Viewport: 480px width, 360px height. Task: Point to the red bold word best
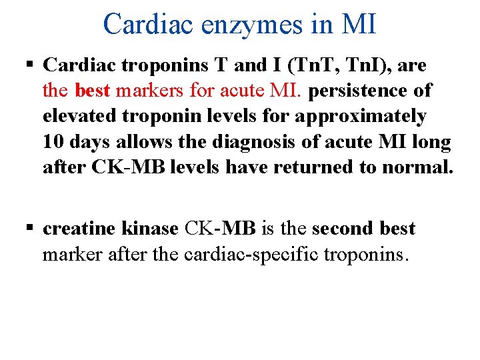click(x=93, y=90)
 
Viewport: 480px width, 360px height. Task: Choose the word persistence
click(x=359, y=90)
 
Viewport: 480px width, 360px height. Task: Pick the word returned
click(x=311, y=166)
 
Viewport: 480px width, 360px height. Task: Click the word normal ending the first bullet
click(x=417, y=166)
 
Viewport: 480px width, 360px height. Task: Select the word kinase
click(x=150, y=229)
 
